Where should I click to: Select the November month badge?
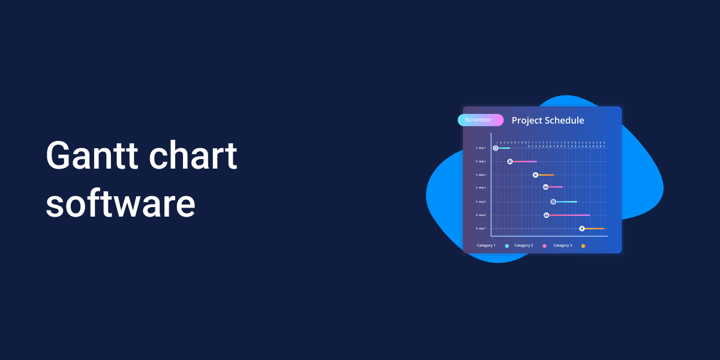[x=480, y=120]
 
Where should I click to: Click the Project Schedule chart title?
[x=548, y=121]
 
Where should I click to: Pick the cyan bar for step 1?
[x=504, y=148]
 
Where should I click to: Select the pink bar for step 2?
[x=524, y=161]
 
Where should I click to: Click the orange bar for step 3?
[x=546, y=175]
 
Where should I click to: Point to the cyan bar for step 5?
[x=566, y=202]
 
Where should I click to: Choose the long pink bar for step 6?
[x=569, y=215]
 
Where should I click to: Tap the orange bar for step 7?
[x=594, y=229]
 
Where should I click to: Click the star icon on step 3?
[x=535, y=175]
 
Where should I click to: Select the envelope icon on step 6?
[x=546, y=215]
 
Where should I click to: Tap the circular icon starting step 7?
[x=581, y=229]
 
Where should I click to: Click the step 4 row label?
[x=481, y=188]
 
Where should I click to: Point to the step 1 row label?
[x=481, y=148]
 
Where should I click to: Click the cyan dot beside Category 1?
[x=507, y=246]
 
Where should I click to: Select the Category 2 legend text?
[x=523, y=245]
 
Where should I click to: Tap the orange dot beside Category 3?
[x=583, y=246]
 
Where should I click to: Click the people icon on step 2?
[x=509, y=161]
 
